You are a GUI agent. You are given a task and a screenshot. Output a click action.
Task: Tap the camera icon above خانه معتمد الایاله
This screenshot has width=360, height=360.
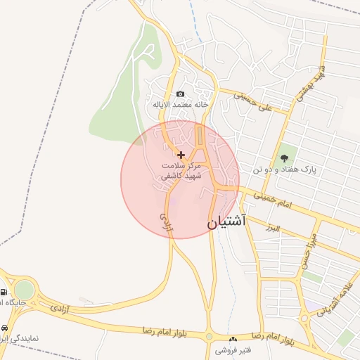coord(181,94)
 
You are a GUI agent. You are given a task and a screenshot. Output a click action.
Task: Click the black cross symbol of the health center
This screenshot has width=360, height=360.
coord(181,154)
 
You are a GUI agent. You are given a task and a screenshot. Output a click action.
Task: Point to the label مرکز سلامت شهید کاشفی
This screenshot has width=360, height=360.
coord(181,171)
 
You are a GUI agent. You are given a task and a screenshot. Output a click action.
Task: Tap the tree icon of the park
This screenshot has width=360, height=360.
coord(284,158)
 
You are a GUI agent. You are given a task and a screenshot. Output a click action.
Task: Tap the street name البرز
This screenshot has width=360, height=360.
coord(273,229)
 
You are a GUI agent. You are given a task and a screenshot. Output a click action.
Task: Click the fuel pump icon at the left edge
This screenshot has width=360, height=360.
coord(4,292)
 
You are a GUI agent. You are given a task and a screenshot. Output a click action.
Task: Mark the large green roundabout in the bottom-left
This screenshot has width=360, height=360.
coord(25,290)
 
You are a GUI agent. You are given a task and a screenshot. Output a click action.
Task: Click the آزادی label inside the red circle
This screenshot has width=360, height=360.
coord(166,220)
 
